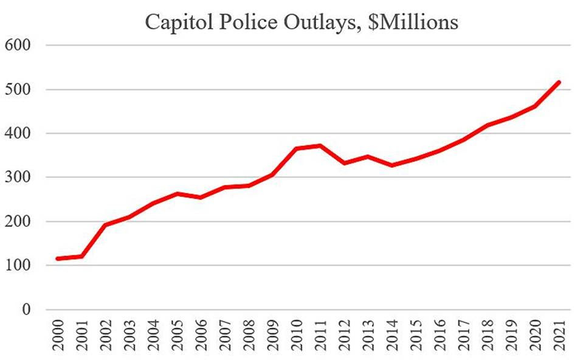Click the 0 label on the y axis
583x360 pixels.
click(x=26, y=310)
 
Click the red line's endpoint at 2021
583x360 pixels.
click(x=559, y=82)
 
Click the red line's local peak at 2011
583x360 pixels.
click(x=320, y=146)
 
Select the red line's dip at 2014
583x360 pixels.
click(x=392, y=165)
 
